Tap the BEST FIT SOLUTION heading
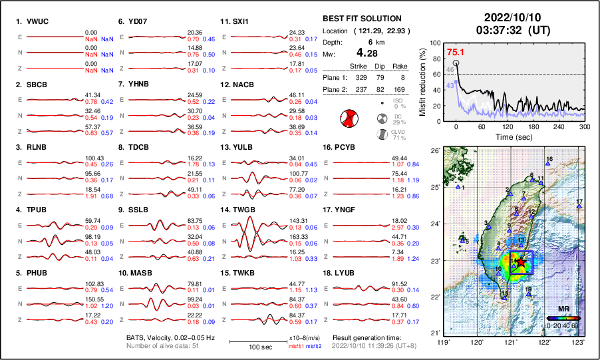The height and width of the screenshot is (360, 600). tap(361, 18)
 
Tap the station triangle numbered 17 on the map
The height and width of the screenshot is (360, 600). tap(579, 207)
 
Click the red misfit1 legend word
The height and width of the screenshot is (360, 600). tap(295, 347)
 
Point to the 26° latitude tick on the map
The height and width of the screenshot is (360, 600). tap(436, 151)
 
